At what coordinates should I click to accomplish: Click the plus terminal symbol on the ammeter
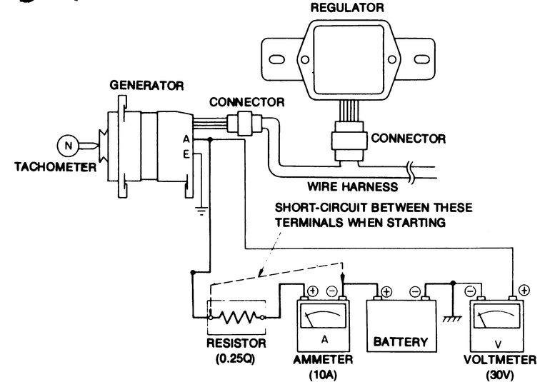(312, 291)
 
